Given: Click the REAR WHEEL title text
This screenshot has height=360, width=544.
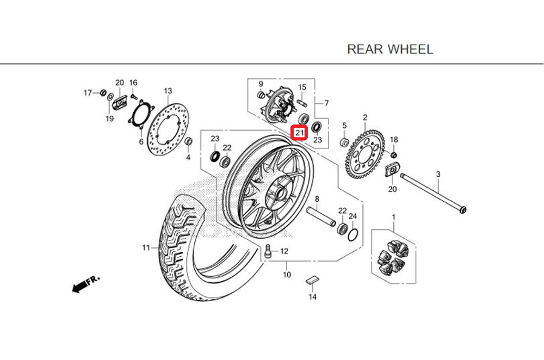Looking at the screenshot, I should pyautogui.click(x=390, y=49).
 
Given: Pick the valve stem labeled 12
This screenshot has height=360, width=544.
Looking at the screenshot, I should pyautogui.click(x=268, y=251).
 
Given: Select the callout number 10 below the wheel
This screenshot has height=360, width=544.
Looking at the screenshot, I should pyautogui.click(x=287, y=275).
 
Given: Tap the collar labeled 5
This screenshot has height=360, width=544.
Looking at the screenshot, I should pyautogui.click(x=344, y=142).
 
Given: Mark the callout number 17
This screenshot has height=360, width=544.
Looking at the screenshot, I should pyautogui.click(x=88, y=93).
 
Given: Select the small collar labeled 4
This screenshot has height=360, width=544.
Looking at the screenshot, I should pyautogui.click(x=188, y=142).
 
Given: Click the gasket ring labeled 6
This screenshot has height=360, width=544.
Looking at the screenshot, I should pyautogui.click(x=140, y=114).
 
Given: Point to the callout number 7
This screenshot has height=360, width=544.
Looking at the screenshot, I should pyautogui.click(x=326, y=103).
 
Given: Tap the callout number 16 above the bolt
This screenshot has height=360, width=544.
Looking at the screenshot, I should pyautogui.click(x=133, y=82).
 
